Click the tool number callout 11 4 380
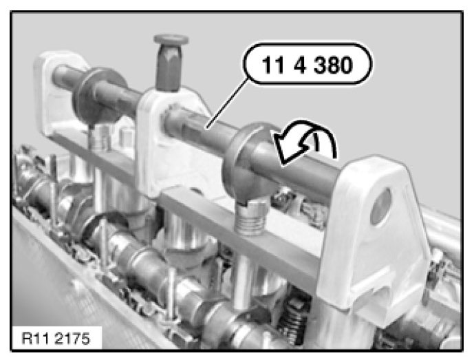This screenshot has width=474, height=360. point(307,65)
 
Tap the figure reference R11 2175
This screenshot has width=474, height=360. point(56,339)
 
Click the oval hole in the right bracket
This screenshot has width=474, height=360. point(381,207)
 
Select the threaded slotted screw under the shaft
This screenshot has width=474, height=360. point(250,215)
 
